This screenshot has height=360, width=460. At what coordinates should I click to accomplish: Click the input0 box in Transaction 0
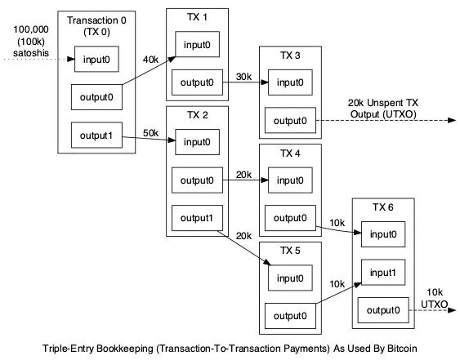(96, 59)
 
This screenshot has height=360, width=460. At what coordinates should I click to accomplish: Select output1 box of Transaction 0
(96, 136)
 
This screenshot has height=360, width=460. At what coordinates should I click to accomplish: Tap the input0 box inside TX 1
(197, 44)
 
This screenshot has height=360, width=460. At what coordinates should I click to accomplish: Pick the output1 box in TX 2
(197, 218)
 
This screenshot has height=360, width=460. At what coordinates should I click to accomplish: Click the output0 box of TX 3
(290, 120)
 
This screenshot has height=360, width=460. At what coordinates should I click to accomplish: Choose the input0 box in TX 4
(290, 180)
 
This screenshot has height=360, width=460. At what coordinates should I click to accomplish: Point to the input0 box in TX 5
(290, 278)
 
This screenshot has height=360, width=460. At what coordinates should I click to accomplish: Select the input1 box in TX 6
(383, 273)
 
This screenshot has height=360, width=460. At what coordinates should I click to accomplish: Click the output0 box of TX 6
(383, 310)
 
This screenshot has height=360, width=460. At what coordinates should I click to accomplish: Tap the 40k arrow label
(150, 60)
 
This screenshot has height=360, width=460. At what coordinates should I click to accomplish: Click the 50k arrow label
(150, 133)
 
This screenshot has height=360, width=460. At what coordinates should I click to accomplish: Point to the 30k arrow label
(243, 77)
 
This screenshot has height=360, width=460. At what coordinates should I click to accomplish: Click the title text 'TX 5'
(290, 251)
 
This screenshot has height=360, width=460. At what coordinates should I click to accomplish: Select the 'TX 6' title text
(383, 207)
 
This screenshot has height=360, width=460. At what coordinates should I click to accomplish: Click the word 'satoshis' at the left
(31, 53)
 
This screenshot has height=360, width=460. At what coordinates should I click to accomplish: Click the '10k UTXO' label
(435, 298)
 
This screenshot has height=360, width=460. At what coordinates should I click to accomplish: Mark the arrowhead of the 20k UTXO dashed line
(452, 120)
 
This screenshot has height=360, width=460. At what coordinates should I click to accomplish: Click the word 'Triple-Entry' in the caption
(69, 349)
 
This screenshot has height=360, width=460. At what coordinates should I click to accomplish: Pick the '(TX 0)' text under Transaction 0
(96, 31)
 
